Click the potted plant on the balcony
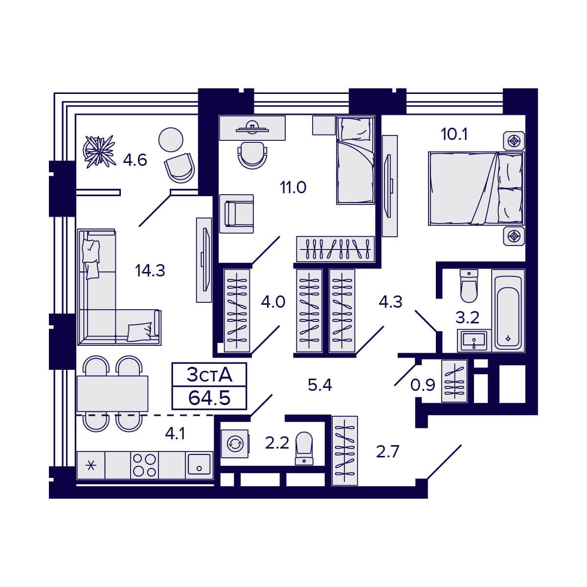click(x=99, y=151)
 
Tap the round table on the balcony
click(x=171, y=139)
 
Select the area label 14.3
click(x=150, y=270)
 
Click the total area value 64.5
click(x=209, y=398)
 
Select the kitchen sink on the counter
click(x=199, y=465)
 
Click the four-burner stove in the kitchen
click(x=144, y=465)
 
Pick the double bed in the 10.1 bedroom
click(x=475, y=188)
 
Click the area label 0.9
click(x=423, y=385)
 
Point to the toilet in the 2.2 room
click(x=304, y=448)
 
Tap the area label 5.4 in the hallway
click(x=320, y=385)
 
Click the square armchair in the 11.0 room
click(x=237, y=213)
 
